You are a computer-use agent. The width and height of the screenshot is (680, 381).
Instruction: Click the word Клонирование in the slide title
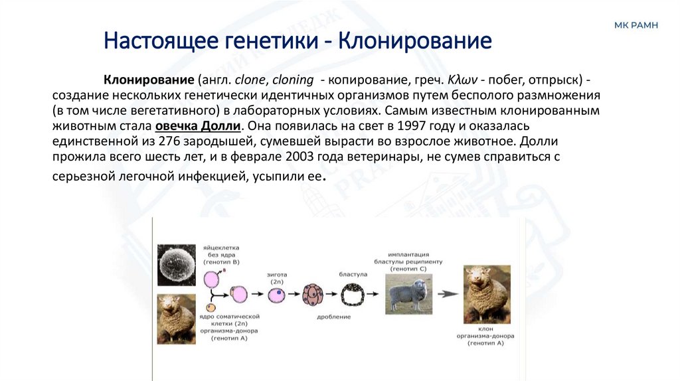[416, 41]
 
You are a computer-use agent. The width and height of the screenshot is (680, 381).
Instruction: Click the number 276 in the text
[171, 141]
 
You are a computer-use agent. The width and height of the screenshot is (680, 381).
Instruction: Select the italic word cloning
[293, 80]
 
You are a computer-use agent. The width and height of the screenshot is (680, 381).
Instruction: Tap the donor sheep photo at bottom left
[176, 319]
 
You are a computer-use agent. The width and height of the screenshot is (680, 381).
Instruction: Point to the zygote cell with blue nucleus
[277, 294]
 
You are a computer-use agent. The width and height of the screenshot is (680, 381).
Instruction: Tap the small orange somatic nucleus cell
[211, 308]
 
